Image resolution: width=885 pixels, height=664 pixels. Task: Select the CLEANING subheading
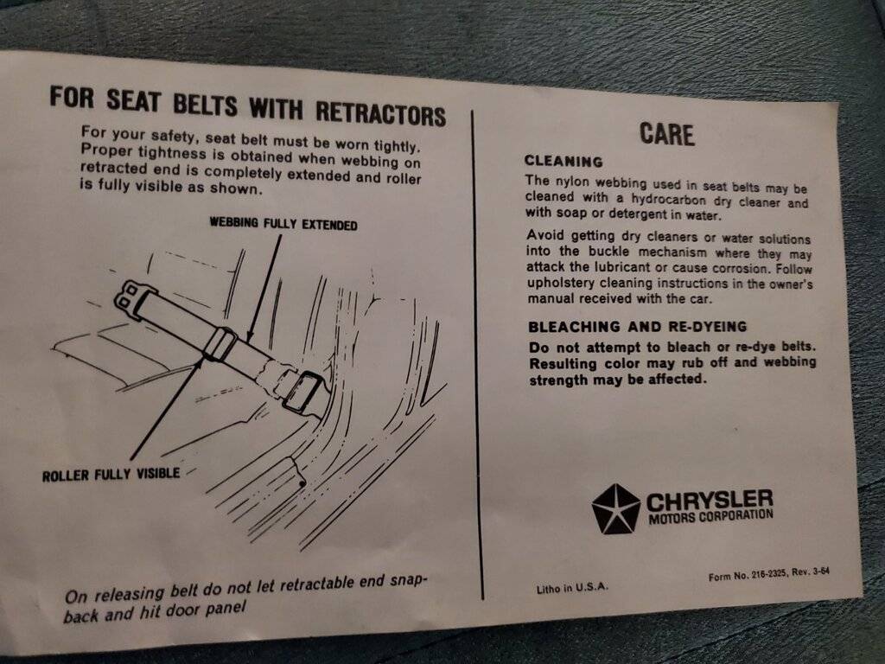563,162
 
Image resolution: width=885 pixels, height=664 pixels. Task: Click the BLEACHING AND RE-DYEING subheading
637,326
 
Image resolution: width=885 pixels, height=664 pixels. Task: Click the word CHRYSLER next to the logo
710,501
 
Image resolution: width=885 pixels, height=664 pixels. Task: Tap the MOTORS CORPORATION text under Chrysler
710,516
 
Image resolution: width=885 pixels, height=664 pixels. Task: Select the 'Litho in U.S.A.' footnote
572,588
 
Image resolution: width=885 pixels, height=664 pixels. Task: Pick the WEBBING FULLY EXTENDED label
283,224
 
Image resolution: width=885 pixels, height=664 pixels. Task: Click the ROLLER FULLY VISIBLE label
111,475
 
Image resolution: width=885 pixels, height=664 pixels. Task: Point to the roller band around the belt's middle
220,343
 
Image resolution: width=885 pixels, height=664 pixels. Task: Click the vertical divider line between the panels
477,354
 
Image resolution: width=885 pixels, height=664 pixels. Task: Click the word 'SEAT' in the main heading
133,100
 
